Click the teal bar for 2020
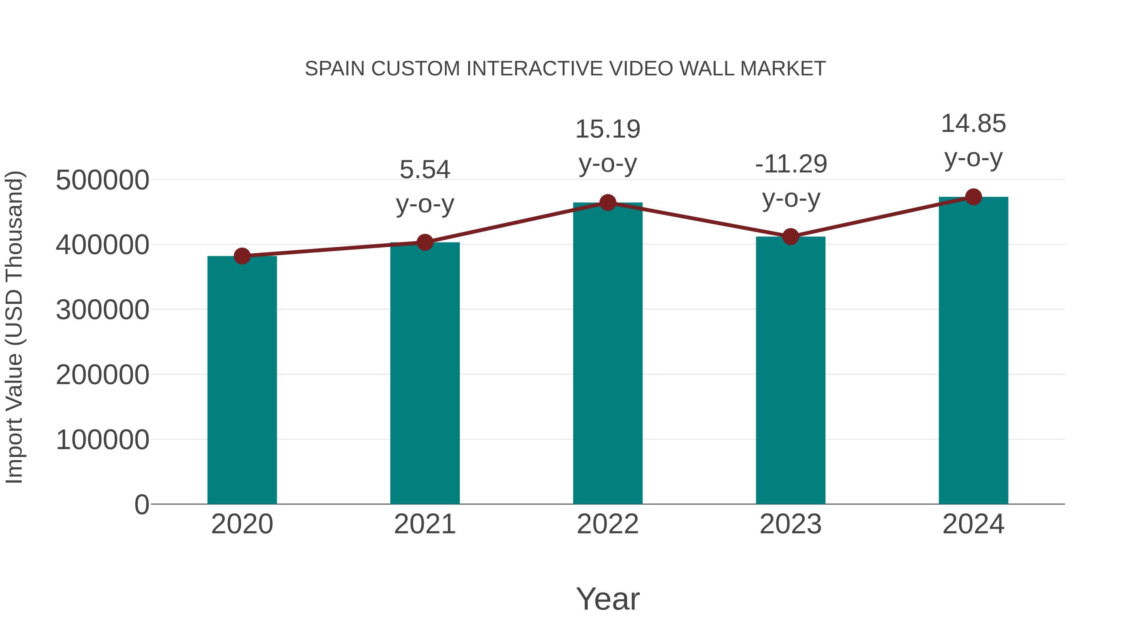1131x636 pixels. coord(242,380)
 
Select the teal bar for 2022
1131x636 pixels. coord(608,353)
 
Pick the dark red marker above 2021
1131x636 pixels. coord(424,242)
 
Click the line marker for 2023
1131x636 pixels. coord(790,236)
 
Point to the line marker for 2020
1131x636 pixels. coord(242,256)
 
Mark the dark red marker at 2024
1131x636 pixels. coord(973,197)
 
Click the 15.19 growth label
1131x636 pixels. coord(608,129)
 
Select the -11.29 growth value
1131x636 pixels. coord(791,164)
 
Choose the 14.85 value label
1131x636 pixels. coord(973,124)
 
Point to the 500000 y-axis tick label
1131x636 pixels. coord(102,180)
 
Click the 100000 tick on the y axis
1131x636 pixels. coord(102,440)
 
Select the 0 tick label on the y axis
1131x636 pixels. coord(141,505)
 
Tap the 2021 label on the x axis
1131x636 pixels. coord(424,524)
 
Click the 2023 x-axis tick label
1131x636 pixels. coord(790,524)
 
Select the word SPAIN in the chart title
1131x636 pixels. coord(335,69)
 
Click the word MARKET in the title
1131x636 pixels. coord(782,69)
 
